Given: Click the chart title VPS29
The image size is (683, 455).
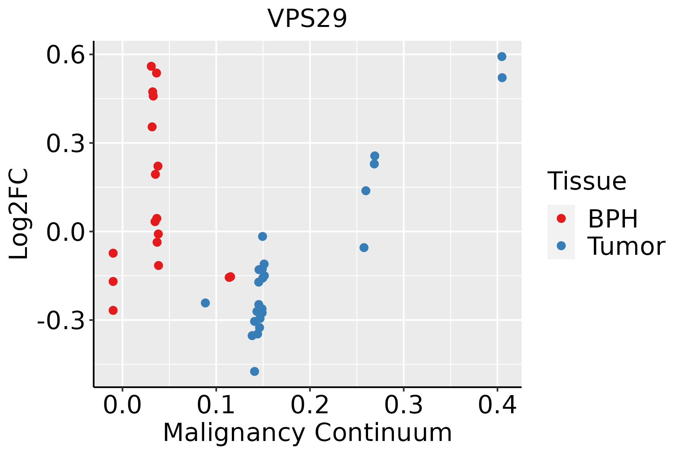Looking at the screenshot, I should tap(307, 18).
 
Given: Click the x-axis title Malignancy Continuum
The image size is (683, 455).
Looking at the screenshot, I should tap(307, 433).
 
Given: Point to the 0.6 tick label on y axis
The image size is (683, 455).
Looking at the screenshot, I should tap(65, 55).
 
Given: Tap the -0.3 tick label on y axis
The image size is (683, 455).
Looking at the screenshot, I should tap(61, 321).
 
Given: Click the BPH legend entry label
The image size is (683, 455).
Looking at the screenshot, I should tap(613, 219).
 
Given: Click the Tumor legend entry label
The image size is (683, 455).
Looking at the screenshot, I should tap(626, 246).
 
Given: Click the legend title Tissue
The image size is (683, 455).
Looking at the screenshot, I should tap(587, 181).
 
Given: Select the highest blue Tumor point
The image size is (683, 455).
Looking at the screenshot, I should tap(502, 57).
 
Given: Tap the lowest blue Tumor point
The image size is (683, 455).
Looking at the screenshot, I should tap(255, 371).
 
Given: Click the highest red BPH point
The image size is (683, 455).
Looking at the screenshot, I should tap(151, 66).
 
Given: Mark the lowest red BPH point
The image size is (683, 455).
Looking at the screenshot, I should tap(113, 310).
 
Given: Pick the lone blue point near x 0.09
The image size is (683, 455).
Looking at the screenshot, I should tap(205, 303).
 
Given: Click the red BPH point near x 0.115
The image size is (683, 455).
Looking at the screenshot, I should tap(230, 277).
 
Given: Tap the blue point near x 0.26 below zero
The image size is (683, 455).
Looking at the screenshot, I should tap(364, 248).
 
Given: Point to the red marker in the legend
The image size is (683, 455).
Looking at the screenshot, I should tap(561, 218).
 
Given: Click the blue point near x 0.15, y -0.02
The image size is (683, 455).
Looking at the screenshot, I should tap(263, 237).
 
